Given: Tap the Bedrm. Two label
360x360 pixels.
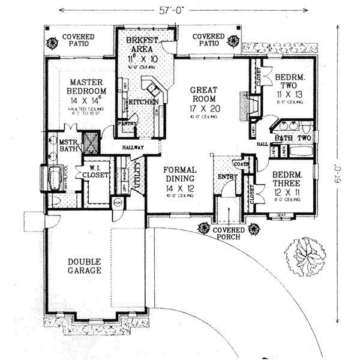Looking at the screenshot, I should pyautogui.click(x=289, y=86).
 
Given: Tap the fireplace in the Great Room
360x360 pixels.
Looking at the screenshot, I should pyautogui.click(x=244, y=106).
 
